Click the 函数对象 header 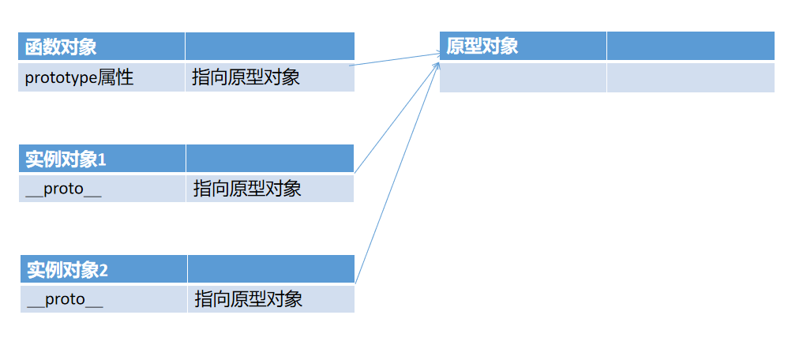(61, 47)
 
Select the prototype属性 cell (79, 77)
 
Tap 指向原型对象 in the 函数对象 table (246, 77)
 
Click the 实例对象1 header (66, 159)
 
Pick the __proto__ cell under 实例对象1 (63, 189)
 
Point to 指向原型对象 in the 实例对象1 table (247, 189)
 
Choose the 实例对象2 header (67, 270)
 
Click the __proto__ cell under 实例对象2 (65, 299)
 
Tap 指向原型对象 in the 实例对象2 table (248, 299)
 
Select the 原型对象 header (482, 46)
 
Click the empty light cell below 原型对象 (523, 77)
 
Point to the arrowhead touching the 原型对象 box (437, 57)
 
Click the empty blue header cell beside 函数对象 (269, 47)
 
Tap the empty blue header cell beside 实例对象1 (270, 159)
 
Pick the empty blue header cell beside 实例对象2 (271, 269)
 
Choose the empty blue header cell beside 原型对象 (690, 46)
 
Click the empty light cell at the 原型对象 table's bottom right (690, 77)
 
